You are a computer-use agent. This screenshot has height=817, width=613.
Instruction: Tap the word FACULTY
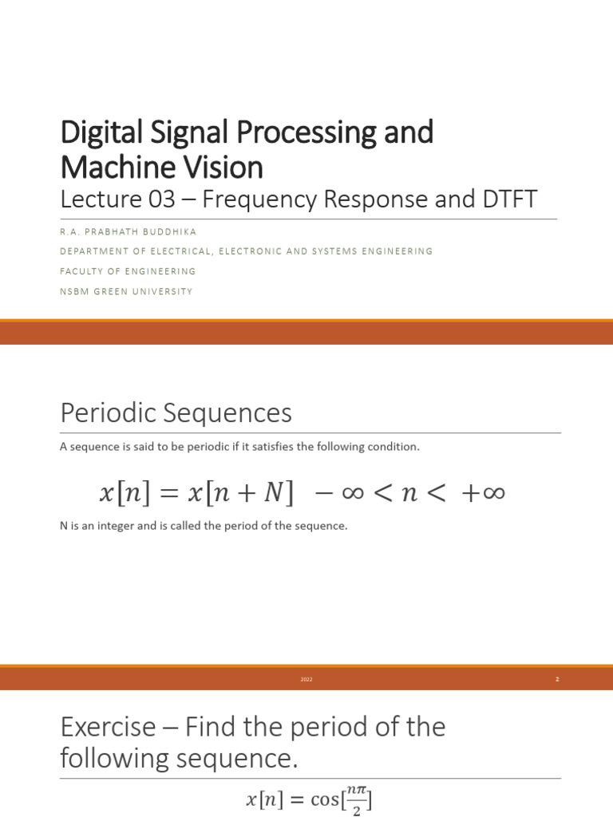(82, 271)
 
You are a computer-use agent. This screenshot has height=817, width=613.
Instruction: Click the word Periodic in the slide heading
(106, 414)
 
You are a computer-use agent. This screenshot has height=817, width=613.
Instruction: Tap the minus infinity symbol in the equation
(335, 494)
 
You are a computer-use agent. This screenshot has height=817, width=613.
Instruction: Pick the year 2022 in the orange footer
(306, 680)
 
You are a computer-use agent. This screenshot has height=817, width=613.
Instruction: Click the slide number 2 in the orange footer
(557, 680)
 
